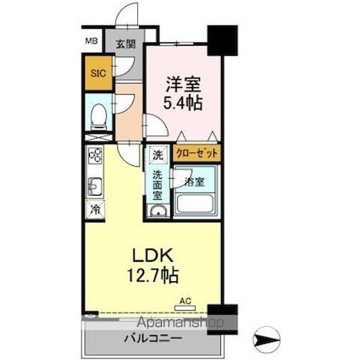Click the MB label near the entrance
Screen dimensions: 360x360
[91, 42]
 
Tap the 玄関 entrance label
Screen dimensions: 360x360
[126, 44]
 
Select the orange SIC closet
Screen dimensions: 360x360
[98, 74]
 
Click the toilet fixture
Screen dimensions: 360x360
[98, 117]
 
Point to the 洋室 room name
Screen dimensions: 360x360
[183, 84]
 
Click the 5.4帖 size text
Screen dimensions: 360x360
[183, 104]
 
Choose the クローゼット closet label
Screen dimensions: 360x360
[197, 153]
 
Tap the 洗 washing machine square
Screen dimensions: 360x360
[158, 154]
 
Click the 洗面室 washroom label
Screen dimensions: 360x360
[158, 186]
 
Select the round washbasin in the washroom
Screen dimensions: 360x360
[158, 211]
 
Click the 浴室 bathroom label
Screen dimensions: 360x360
[194, 182]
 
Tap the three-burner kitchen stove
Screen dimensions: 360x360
[95, 154]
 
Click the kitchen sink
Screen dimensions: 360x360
[95, 186]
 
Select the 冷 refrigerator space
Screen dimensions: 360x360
[96, 209]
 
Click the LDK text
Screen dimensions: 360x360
[152, 256]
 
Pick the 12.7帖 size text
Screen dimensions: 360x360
[153, 275]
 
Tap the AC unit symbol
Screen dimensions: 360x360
[186, 307]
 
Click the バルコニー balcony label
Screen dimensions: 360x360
[152, 338]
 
